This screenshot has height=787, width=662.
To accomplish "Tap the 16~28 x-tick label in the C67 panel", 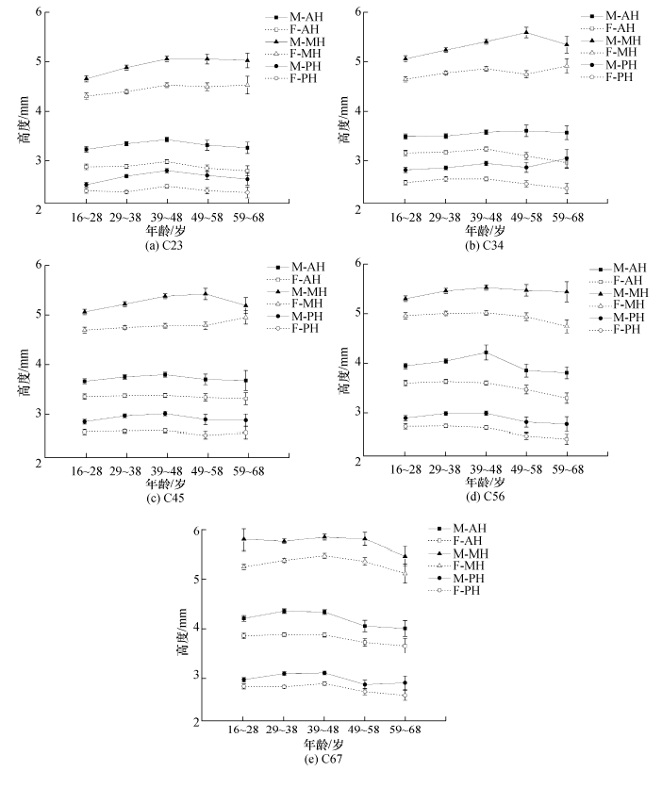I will (243, 730).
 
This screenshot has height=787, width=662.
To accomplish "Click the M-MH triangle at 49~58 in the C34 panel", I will (526, 32).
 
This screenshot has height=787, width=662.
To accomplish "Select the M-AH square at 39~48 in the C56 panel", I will (487, 353).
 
